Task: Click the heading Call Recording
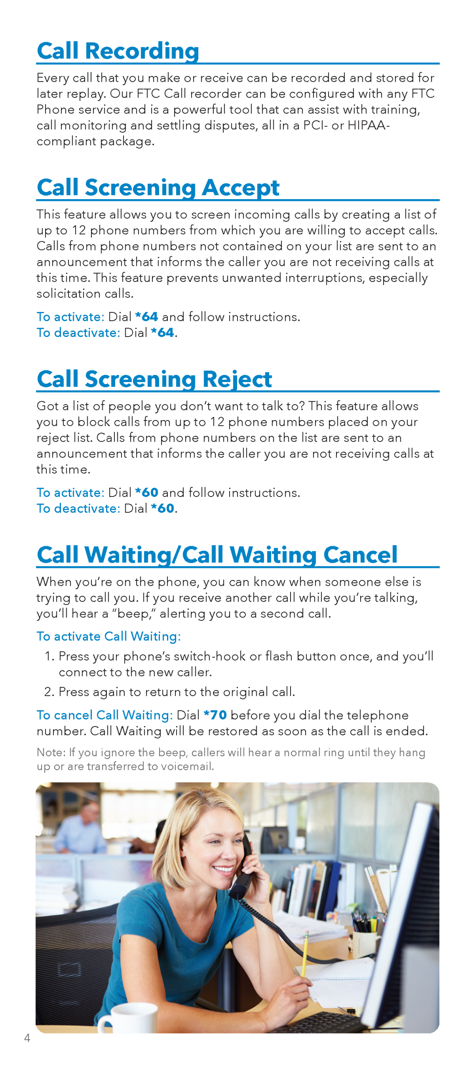coord(118,51)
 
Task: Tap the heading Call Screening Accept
coord(158,187)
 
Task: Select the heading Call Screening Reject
coord(154,379)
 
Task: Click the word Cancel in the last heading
coord(360,555)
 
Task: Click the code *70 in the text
coord(215,715)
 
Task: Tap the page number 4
coord(27,1038)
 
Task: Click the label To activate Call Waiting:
coord(109,636)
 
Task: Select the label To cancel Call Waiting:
coord(104,715)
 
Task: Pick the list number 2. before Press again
coord(49,692)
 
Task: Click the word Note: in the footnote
coord(51,752)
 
